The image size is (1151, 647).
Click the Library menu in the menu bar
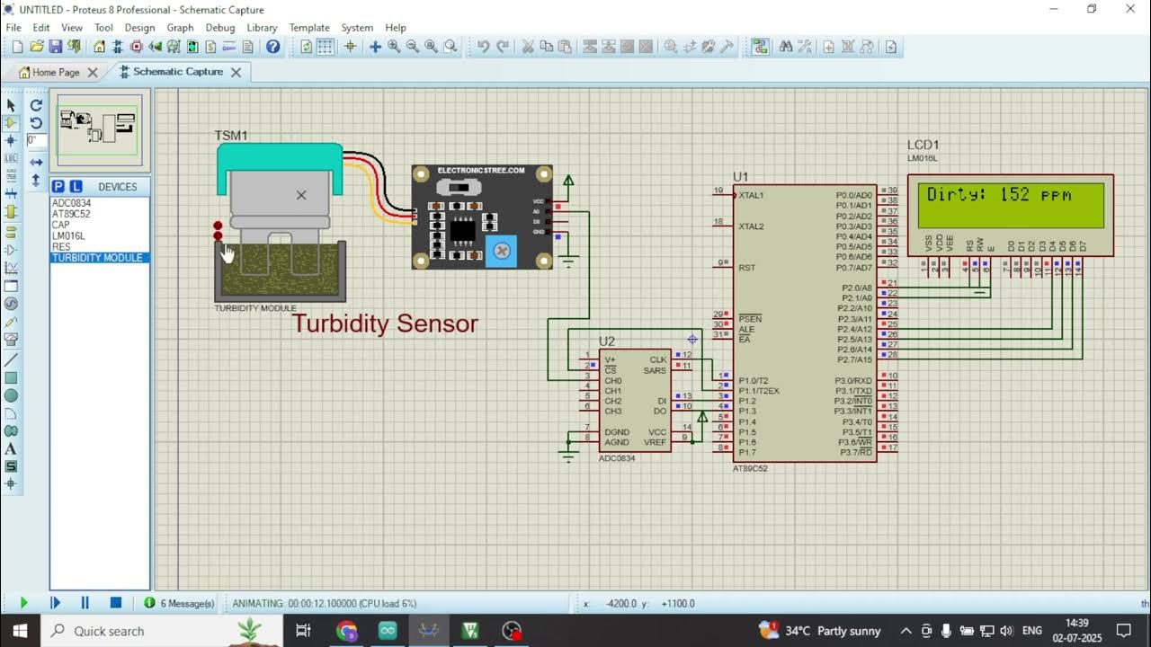pyautogui.click(x=262, y=28)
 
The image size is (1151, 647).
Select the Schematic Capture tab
pyautogui.click(x=178, y=72)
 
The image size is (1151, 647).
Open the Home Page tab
pyautogui.click(x=56, y=73)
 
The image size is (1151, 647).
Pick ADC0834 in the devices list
pyautogui.click(x=72, y=203)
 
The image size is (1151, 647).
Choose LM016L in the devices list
pyautogui.click(x=68, y=236)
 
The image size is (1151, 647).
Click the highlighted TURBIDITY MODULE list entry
pyautogui.click(x=97, y=258)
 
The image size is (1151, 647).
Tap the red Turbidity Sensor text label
pyautogui.click(x=385, y=323)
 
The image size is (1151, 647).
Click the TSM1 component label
pyautogui.click(x=231, y=136)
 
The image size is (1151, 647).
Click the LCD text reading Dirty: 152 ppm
pyautogui.click(x=999, y=195)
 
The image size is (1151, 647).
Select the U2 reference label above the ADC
pyautogui.click(x=607, y=341)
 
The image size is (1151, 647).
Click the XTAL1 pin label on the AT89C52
pyautogui.click(x=751, y=196)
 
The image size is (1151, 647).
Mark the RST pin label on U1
pyautogui.click(x=747, y=268)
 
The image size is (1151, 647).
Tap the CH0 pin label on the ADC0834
pyautogui.click(x=613, y=381)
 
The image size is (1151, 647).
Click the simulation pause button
pyautogui.click(x=85, y=603)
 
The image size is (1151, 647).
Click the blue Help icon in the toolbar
pyautogui.click(x=273, y=47)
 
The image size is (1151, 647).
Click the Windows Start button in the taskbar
pyautogui.click(x=20, y=631)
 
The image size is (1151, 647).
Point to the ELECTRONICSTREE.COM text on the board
pyautogui.click(x=481, y=171)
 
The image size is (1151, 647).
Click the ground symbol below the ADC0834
pyautogui.click(x=567, y=456)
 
